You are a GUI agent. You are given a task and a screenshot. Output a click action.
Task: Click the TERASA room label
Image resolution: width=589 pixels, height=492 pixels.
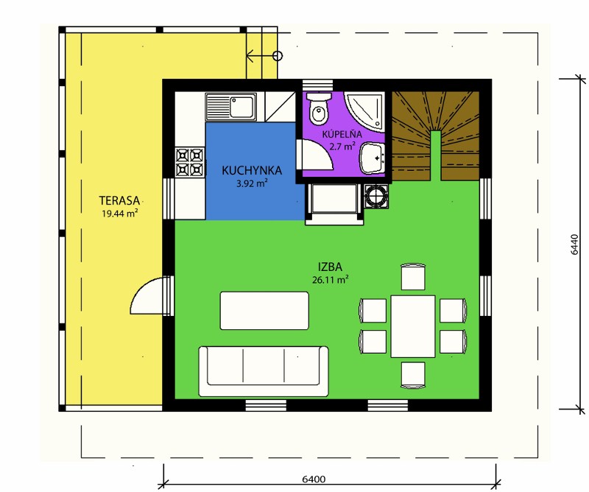tap(119, 200)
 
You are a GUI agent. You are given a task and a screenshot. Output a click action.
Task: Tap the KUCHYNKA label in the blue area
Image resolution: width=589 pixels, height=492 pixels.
tap(252, 170)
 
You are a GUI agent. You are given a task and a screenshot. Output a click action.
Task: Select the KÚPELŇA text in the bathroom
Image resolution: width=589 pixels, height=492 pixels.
tap(342, 134)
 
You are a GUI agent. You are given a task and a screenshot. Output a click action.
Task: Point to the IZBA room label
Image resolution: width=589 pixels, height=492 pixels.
tap(330, 267)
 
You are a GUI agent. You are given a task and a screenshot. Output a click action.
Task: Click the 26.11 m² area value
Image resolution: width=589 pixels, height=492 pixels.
tap(330, 280)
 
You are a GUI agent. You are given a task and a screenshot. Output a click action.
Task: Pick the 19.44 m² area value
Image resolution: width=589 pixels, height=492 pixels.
tap(119, 214)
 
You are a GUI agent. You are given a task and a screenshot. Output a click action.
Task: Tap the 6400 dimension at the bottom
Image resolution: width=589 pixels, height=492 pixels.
tap(314, 479)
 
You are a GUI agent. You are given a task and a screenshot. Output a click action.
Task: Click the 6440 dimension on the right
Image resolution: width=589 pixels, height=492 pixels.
tap(574, 245)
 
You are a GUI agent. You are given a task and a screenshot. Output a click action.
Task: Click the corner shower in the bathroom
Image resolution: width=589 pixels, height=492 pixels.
tap(365, 111)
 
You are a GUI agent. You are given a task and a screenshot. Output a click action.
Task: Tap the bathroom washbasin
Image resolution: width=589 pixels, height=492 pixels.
tap(372, 158)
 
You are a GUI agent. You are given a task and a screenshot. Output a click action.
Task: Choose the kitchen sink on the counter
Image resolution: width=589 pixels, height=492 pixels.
tap(230, 107)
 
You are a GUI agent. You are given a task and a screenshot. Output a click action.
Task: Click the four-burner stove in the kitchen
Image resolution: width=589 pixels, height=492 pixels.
tap(190, 162)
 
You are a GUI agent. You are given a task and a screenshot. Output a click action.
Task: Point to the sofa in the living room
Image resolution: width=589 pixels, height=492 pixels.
tap(264, 371)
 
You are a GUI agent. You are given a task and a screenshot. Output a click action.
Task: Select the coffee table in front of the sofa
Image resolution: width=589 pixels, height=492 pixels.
tap(264, 311)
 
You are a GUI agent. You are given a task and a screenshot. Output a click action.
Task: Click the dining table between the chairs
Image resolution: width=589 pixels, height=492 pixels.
tap(413, 326)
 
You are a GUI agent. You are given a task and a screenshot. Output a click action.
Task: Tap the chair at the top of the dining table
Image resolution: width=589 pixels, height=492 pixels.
tap(413, 277)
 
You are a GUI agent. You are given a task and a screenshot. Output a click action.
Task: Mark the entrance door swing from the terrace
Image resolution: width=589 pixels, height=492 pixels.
tap(147, 295)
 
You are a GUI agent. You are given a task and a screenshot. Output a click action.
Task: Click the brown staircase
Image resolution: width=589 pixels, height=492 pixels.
tap(436, 136)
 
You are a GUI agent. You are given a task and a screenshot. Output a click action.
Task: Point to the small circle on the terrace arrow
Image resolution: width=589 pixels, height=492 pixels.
tap(278, 56)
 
